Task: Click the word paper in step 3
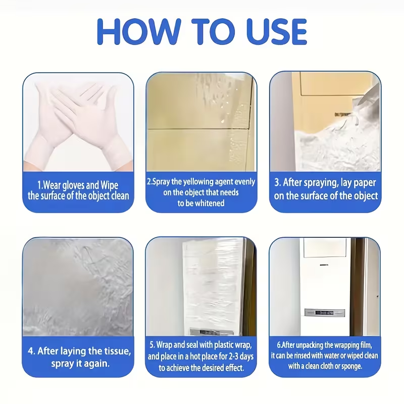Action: [x=364, y=183]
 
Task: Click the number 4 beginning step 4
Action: [x=31, y=351]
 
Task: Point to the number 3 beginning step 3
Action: [x=277, y=182]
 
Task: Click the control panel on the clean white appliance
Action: [x=324, y=313]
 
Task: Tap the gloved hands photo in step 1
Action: [x=78, y=122]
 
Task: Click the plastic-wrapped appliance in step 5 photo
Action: [x=213, y=286]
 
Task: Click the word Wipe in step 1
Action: [x=109, y=185]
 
